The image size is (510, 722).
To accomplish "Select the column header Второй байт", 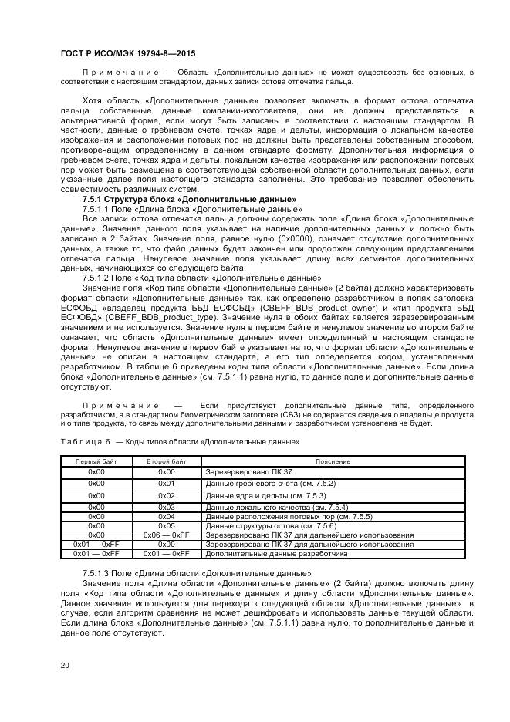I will tap(167, 461).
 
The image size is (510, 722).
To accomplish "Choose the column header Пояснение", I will tap(333, 461).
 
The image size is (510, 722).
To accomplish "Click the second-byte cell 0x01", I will tap(167, 484).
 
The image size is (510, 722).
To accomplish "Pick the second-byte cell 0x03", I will tap(167, 507).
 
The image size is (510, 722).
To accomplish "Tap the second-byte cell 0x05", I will tap(167, 525).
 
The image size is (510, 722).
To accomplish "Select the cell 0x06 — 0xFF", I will tap(167, 534).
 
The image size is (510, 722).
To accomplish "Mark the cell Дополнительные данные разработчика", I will tap(265, 553).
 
